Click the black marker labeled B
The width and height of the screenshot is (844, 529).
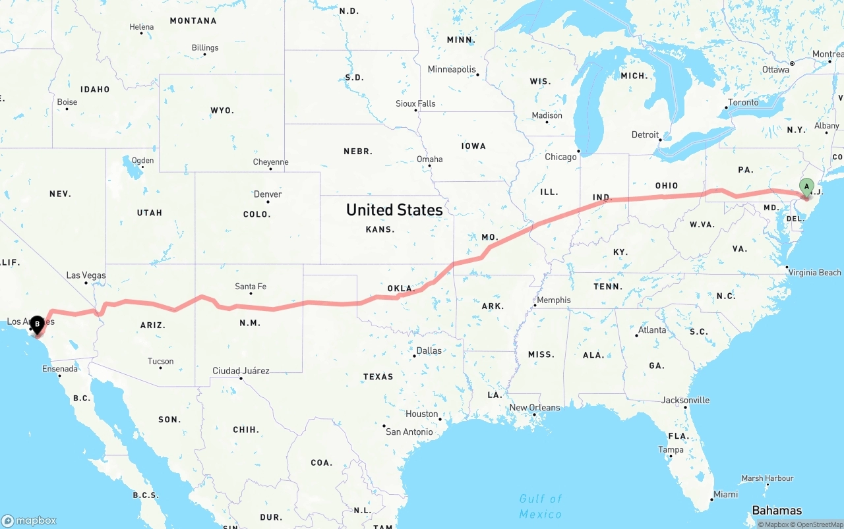coord(38,324)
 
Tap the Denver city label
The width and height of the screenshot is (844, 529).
coord(268,194)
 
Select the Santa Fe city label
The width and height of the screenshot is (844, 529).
coord(251,287)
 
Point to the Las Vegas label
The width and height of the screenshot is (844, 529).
coord(86,275)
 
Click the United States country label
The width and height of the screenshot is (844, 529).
coord(394,210)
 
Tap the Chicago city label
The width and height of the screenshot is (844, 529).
coord(560,157)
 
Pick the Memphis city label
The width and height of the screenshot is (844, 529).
coord(553,300)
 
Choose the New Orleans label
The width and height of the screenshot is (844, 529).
coord(535,407)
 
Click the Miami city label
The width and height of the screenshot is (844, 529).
coord(725,494)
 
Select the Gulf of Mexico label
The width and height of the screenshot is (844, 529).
coord(541,506)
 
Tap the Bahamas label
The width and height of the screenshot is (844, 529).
coord(777,511)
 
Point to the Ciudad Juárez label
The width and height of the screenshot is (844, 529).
coord(241,371)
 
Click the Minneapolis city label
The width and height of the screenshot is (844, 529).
coord(452,69)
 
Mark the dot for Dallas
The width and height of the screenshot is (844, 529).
coord(413,356)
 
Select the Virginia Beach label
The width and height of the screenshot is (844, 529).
coord(814,272)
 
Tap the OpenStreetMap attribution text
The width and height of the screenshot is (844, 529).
coord(817,524)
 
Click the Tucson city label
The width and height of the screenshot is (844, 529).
coord(160,361)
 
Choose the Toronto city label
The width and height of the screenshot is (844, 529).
coord(743,102)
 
